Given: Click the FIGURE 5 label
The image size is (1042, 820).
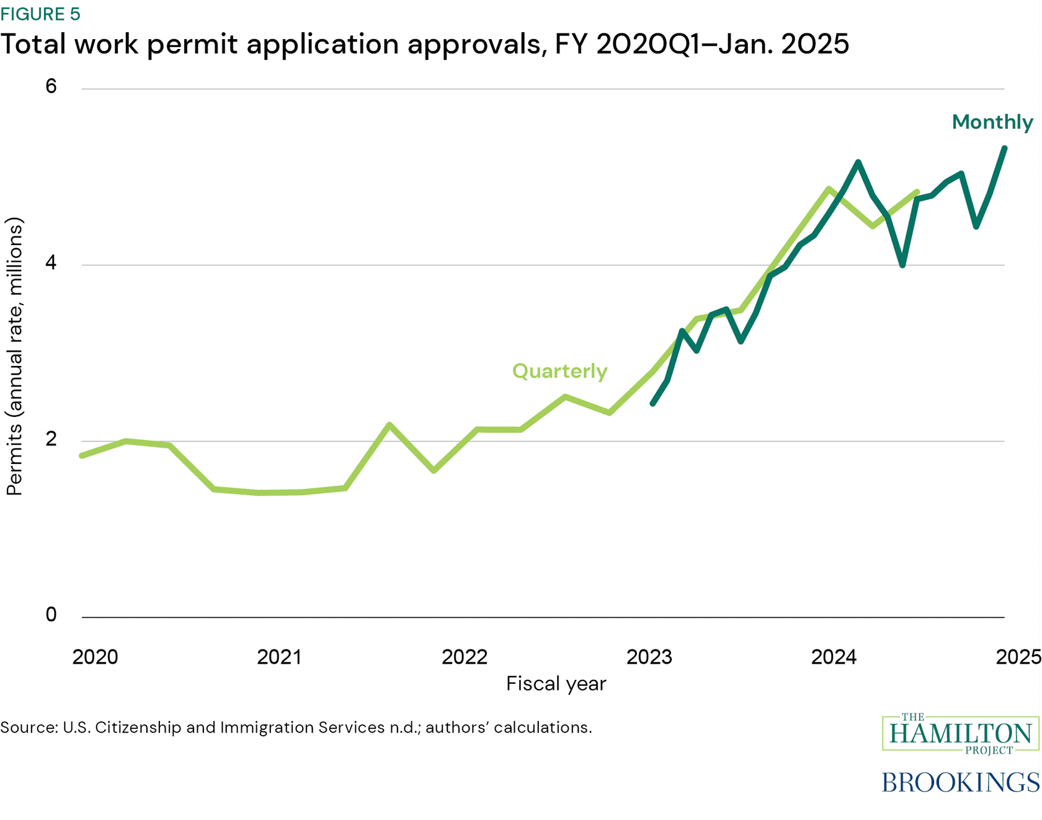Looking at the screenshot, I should [40, 14].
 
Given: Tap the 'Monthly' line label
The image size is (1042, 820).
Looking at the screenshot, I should [992, 122].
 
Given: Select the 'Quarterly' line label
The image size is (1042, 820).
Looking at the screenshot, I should [559, 371].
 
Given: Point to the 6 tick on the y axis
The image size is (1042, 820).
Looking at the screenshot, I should [51, 86].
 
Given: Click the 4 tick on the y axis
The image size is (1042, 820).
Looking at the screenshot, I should [51, 263].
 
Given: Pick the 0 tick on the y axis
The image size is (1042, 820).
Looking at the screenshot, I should [51, 615].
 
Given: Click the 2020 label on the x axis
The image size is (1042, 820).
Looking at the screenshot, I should [95, 657].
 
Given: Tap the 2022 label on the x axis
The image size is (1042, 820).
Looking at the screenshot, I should [465, 657].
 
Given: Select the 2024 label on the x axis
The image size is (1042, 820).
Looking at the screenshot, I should [834, 657].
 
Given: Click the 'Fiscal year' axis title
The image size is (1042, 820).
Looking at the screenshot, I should [556, 684].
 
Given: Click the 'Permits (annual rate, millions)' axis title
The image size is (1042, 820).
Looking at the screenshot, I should [14, 357].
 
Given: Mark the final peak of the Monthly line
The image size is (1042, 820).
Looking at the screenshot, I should [1004, 148].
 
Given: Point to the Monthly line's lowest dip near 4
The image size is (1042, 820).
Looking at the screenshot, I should [902, 265].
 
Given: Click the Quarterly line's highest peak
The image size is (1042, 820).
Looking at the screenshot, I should [829, 189].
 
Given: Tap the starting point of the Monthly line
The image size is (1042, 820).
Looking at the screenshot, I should [652, 404].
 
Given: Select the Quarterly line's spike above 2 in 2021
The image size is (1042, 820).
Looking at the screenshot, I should [390, 425].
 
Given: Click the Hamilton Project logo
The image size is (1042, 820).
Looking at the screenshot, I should [960, 734].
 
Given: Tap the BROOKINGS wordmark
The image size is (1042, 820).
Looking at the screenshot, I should [960, 782].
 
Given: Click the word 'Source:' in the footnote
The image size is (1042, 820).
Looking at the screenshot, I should [29, 727].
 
